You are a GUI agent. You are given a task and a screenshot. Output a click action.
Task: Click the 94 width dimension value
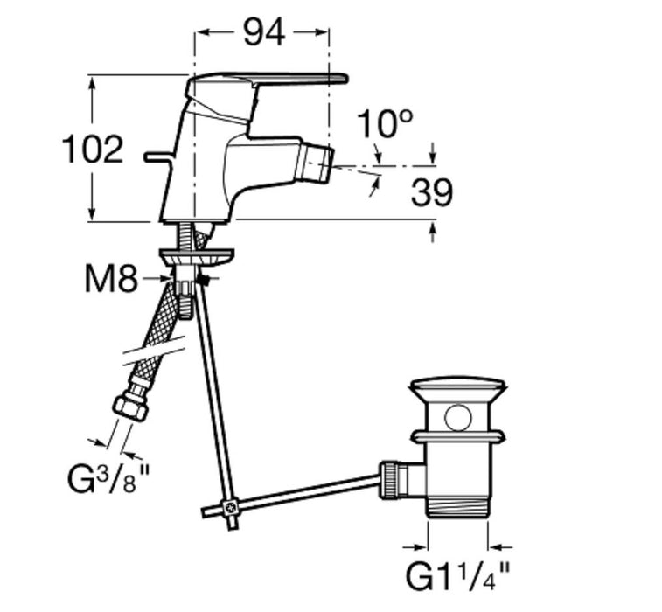pyautogui.click(x=263, y=33)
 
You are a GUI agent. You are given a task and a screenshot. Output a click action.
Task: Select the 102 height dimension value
pyautogui.click(x=93, y=150)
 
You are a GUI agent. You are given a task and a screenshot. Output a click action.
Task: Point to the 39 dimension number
pyautogui.click(x=432, y=193)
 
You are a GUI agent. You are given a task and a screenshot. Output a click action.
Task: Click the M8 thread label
pyautogui.click(x=111, y=280)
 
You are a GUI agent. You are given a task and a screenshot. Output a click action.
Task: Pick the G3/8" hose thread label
pyautogui.click(x=109, y=479)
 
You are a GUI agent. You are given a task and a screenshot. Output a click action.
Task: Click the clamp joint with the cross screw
pyautogui.click(x=231, y=506)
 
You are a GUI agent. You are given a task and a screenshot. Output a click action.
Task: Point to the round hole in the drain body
pyautogui.click(x=457, y=417)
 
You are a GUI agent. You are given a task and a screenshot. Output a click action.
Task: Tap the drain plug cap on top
pyautogui.click(x=459, y=387)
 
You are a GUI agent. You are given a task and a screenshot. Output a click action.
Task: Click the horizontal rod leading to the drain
pyautogui.click(x=306, y=491)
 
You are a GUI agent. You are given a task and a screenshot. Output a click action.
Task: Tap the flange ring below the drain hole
pyautogui.click(x=458, y=435)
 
